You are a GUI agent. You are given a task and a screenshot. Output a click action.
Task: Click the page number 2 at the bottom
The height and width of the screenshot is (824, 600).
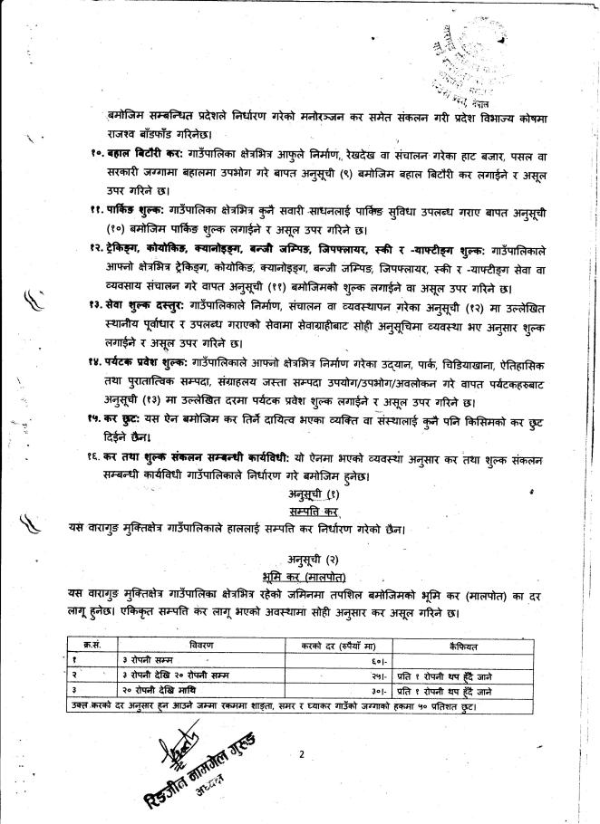click(300, 753)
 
